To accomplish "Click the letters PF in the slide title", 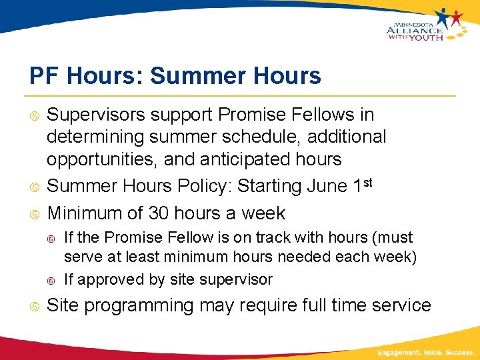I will pos(44,76).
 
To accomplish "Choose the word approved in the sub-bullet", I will pos(106,279).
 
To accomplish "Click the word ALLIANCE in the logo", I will pos(413,30).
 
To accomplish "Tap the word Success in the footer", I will pos(461,352).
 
